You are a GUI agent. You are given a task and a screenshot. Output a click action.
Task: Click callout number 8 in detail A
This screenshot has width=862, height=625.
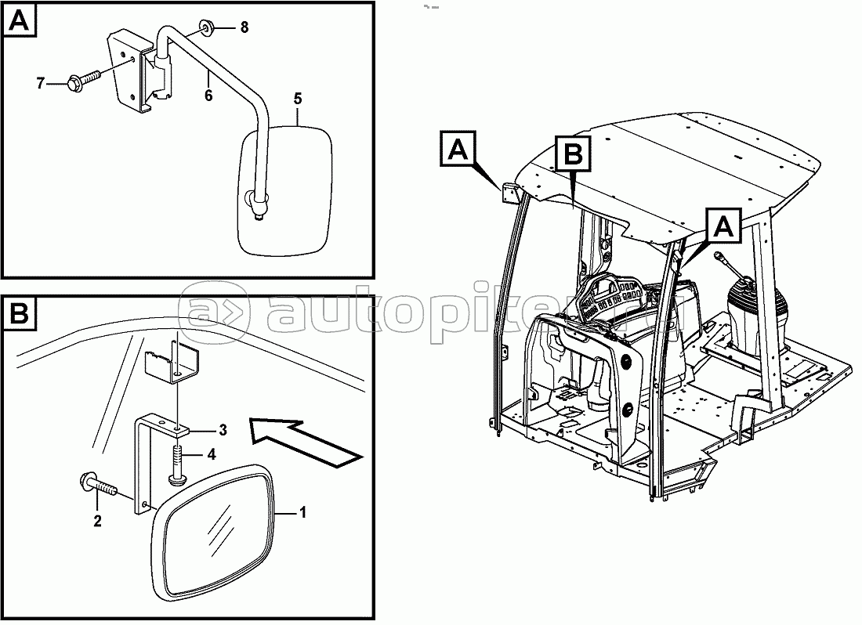click(244, 27)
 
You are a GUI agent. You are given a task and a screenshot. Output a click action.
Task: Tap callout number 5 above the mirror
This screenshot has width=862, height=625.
click(298, 99)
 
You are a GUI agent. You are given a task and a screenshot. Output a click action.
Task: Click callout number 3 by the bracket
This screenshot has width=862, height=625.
click(223, 429)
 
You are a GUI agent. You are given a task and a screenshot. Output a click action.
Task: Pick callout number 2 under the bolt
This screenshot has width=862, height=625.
click(97, 520)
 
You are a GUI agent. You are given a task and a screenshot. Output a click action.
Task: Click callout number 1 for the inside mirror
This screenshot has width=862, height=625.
click(303, 513)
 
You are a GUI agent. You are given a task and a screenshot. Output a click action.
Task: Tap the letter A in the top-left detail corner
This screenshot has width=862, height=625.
click(21, 22)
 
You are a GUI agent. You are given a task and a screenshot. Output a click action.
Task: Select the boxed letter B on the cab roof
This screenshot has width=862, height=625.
click(573, 154)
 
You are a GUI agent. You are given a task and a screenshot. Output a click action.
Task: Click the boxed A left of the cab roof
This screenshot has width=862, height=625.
click(457, 149)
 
